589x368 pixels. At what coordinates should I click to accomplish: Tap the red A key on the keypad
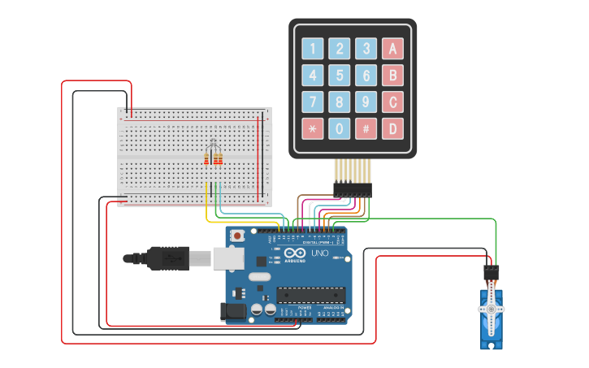(x=393, y=49)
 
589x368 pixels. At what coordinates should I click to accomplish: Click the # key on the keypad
(x=366, y=128)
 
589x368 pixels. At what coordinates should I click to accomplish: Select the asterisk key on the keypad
(x=313, y=128)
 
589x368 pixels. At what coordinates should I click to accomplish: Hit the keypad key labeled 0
(x=340, y=128)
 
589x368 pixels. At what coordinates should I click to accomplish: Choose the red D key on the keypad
(x=393, y=128)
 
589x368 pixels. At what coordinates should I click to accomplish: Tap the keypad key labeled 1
(x=313, y=49)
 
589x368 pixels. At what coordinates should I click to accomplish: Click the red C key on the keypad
(x=393, y=102)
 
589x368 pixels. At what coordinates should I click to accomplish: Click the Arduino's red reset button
(x=237, y=236)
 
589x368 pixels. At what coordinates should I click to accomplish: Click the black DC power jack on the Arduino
(x=234, y=311)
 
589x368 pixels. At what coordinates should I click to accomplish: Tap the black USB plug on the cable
(x=167, y=258)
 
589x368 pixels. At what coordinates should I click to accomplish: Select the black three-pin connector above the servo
(x=492, y=272)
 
